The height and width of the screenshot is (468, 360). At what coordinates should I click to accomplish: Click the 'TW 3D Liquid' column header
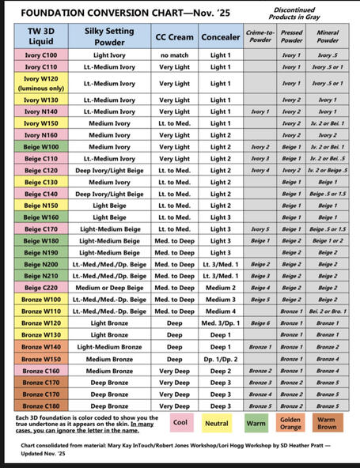[x=40, y=36]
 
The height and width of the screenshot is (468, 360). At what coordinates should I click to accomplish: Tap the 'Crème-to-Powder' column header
[x=259, y=36]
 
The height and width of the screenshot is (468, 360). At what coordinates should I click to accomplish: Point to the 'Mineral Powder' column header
[x=328, y=36]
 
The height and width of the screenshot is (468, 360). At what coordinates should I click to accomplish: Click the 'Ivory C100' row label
[x=40, y=55]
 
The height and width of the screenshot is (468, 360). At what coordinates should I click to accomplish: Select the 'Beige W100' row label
[x=40, y=147]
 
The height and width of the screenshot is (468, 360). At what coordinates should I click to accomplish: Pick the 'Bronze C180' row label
[x=40, y=406]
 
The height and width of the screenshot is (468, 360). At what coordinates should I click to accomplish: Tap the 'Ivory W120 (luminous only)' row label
[x=40, y=83]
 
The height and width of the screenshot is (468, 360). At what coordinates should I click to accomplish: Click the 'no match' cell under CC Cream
[x=174, y=55]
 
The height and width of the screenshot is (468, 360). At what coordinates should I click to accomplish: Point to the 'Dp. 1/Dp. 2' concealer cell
[x=221, y=359]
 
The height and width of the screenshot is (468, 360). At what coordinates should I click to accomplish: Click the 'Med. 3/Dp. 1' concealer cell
[x=221, y=323]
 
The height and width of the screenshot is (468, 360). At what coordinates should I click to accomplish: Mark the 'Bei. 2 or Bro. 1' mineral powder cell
[x=328, y=311]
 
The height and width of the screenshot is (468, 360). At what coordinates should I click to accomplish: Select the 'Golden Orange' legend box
[x=290, y=422]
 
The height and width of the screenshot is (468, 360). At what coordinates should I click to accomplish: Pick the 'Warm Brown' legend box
[x=327, y=422]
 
